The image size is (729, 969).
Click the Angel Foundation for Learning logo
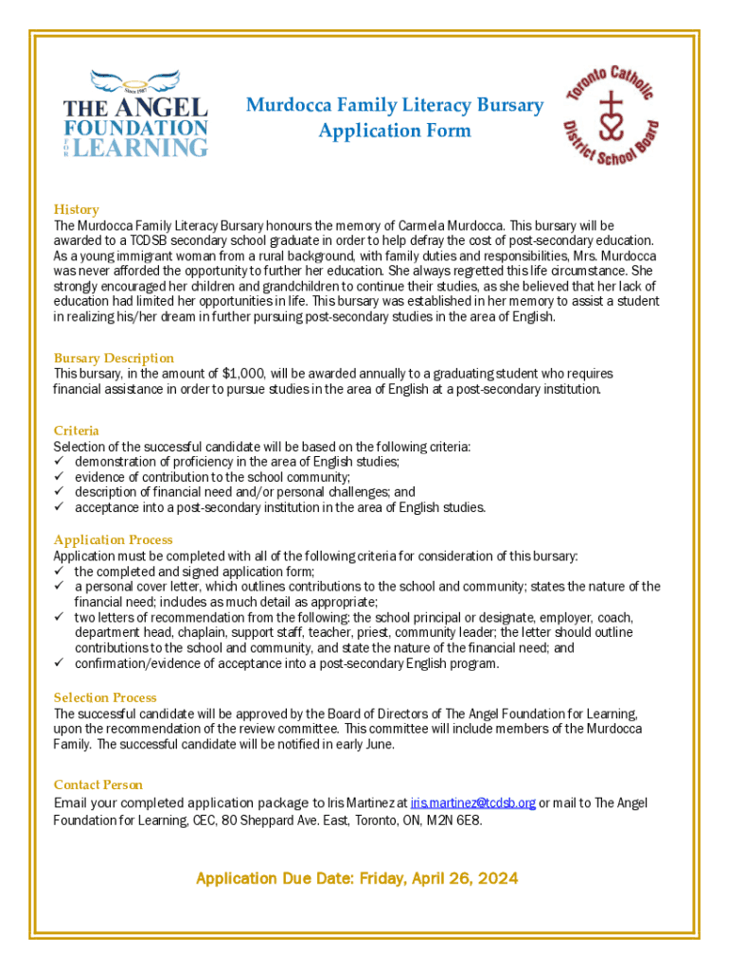pos(134,113)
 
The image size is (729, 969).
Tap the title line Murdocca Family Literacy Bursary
pos(395,105)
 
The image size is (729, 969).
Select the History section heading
pos(77,209)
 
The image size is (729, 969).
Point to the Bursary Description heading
pos(114,358)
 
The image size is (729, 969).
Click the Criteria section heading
pos(77,431)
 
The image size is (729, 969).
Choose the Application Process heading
pos(114,540)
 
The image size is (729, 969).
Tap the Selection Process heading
pos(105,697)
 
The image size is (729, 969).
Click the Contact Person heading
pos(98,784)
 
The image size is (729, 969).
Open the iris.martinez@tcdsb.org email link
pos(472,803)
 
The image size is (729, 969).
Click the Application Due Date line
pos(357,879)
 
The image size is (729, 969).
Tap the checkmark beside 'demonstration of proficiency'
pos(59,462)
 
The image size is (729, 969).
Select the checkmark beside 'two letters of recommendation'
pos(59,617)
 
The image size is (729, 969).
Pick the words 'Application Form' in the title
pos(395,131)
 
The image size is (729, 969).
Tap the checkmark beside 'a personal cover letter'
pos(59,587)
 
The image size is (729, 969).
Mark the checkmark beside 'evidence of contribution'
pos(59,477)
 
